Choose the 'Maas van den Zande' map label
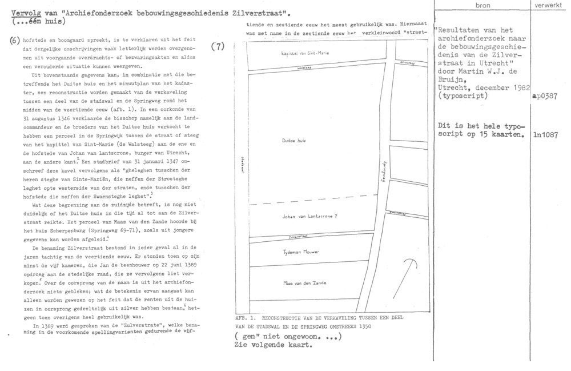303,282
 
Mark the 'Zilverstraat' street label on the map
300,236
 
